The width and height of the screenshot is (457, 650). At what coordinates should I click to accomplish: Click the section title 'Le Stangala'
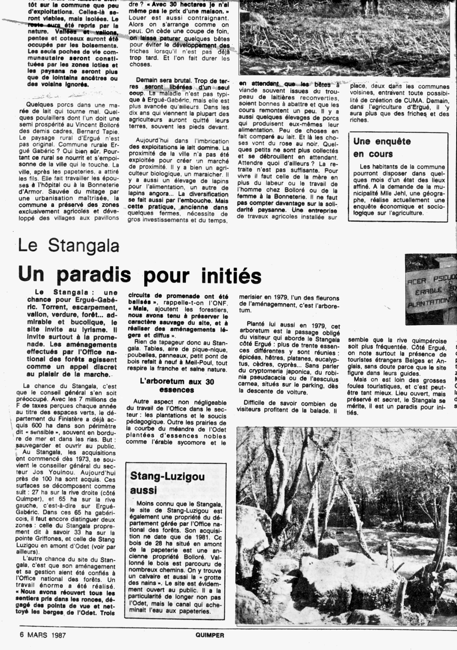[69, 245]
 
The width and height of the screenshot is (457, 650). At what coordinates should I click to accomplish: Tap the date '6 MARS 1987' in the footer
[43, 635]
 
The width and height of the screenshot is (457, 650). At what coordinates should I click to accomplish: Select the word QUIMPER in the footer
[210, 635]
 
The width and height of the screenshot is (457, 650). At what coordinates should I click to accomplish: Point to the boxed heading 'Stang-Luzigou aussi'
[167, 483]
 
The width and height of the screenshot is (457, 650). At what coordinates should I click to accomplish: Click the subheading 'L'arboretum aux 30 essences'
[177, 386]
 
